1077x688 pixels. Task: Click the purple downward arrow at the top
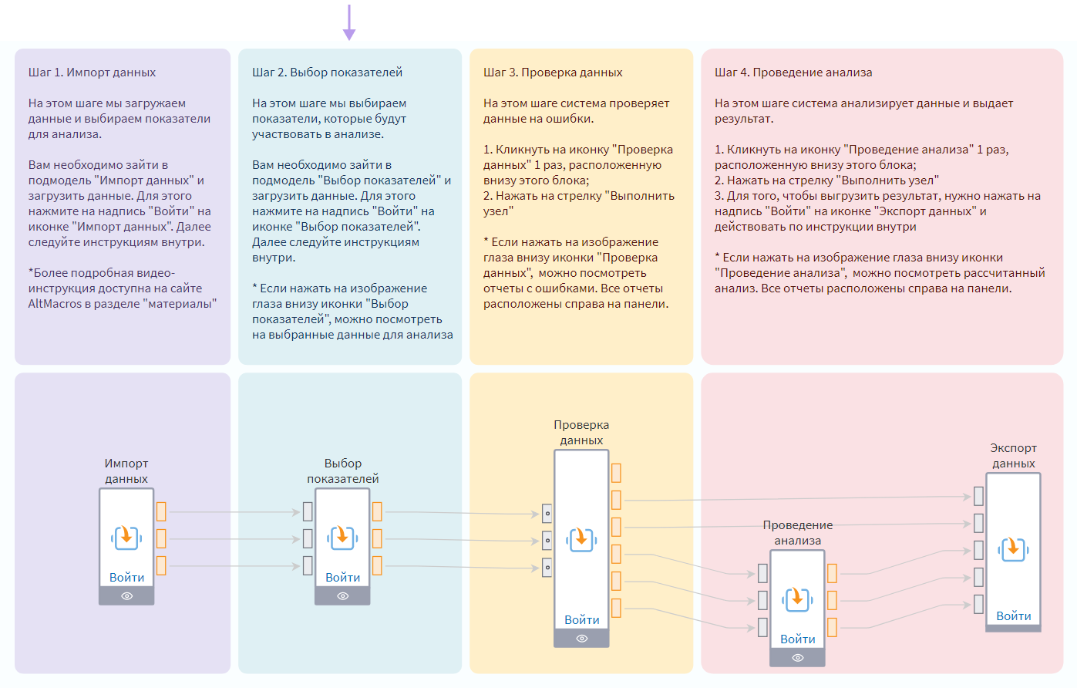349,23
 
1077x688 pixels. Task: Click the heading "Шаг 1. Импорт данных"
92,73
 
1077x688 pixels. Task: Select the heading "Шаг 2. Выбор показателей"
327,73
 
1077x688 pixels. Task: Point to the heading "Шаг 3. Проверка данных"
553,73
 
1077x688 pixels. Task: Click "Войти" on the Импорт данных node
126,577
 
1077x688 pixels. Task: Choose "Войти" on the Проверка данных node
581,619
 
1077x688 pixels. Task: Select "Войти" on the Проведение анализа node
797,639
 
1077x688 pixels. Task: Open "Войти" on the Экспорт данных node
1013,615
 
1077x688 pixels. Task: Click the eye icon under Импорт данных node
126,596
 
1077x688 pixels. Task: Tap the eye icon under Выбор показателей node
342,596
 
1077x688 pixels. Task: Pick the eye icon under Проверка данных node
581,639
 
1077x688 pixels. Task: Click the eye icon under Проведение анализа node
797,658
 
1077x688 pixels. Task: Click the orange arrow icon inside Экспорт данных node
1013,548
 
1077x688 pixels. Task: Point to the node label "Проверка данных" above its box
581,433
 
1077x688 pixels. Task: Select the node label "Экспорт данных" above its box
1013,456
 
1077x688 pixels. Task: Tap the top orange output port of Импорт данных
161,511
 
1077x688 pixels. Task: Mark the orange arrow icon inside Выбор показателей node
342,537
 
